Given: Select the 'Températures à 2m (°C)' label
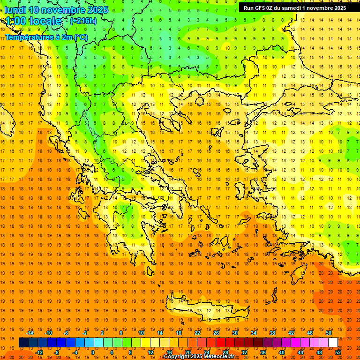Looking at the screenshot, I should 46,37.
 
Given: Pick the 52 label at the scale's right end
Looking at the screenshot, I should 338,352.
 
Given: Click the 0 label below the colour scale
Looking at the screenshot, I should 93,352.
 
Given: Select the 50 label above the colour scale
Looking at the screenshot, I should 328,333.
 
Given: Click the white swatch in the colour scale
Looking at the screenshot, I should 333,343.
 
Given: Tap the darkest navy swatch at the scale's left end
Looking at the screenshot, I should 23,343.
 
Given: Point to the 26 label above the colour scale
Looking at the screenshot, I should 216,333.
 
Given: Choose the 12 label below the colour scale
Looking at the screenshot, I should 150,352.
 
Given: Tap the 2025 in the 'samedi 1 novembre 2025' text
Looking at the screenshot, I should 337,8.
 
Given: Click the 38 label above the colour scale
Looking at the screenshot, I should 272,333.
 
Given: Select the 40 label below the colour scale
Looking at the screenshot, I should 282,352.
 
